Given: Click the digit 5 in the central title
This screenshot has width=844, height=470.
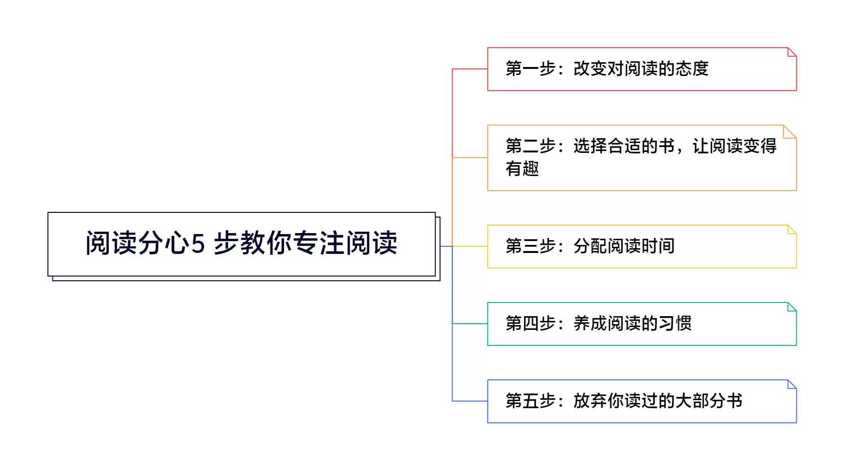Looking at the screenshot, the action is coord(198,244).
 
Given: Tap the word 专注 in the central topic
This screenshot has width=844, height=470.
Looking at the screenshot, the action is coord(318,243).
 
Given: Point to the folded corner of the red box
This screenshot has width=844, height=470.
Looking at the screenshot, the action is coord(792,52).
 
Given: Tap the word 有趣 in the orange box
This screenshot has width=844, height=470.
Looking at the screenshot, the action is coord(522,168).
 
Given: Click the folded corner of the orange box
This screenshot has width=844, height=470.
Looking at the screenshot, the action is coord(790,132).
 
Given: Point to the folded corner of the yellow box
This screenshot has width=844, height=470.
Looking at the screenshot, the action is coord(792,229).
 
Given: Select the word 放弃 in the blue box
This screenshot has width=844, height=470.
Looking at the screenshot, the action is coord(590,401).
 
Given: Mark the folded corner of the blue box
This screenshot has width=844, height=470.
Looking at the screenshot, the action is coord(792,384).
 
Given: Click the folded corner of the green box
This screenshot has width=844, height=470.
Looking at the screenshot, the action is coord(792,307).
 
